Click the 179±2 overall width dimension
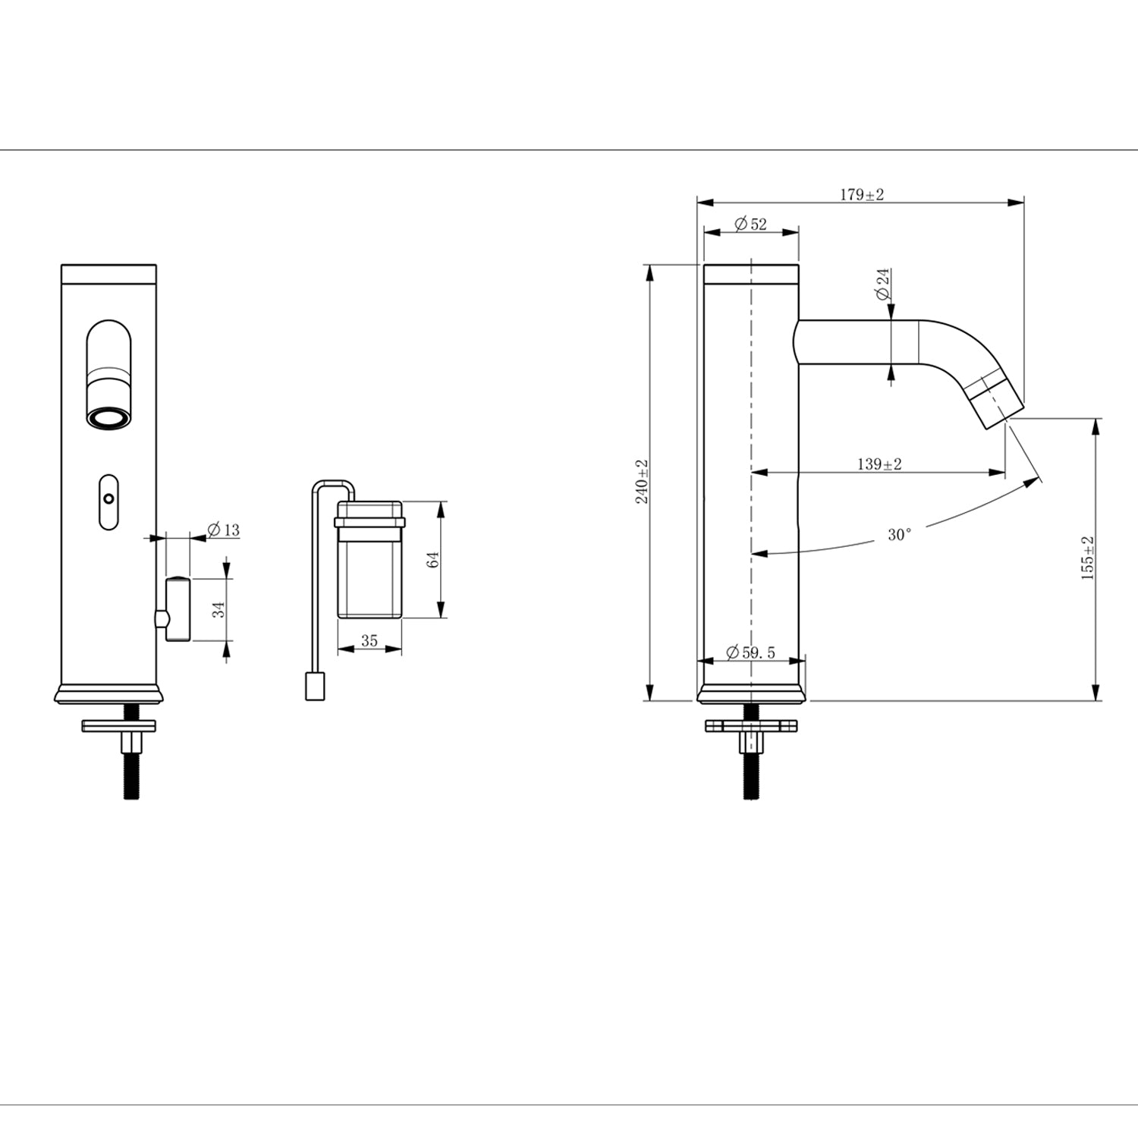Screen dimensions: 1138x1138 pos(861,195)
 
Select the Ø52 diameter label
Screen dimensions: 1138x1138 pos(750,224)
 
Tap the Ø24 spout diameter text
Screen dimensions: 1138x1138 pos(883,284)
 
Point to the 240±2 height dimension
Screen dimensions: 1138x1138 pos(643,482)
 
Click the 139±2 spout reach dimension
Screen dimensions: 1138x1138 pos(879,464)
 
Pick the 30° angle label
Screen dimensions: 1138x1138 pos(899,535)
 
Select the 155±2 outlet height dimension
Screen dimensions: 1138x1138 pos(1088,558)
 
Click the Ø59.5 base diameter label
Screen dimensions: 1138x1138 pos(750,652)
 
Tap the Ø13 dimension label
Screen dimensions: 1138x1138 pos(223,530)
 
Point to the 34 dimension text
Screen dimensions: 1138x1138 pos(218,609)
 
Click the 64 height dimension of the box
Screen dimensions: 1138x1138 pos(433,560)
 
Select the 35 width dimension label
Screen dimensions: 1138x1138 pos(369,641)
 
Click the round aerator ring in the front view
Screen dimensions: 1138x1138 pos(108,418)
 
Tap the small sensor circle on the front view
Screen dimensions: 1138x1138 pos(108,499)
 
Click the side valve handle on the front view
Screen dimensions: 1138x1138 pos(176,609)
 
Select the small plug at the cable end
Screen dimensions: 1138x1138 pos(315,687)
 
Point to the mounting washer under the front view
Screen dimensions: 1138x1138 pos(119,726)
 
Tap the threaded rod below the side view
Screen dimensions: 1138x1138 pos(751,774)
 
